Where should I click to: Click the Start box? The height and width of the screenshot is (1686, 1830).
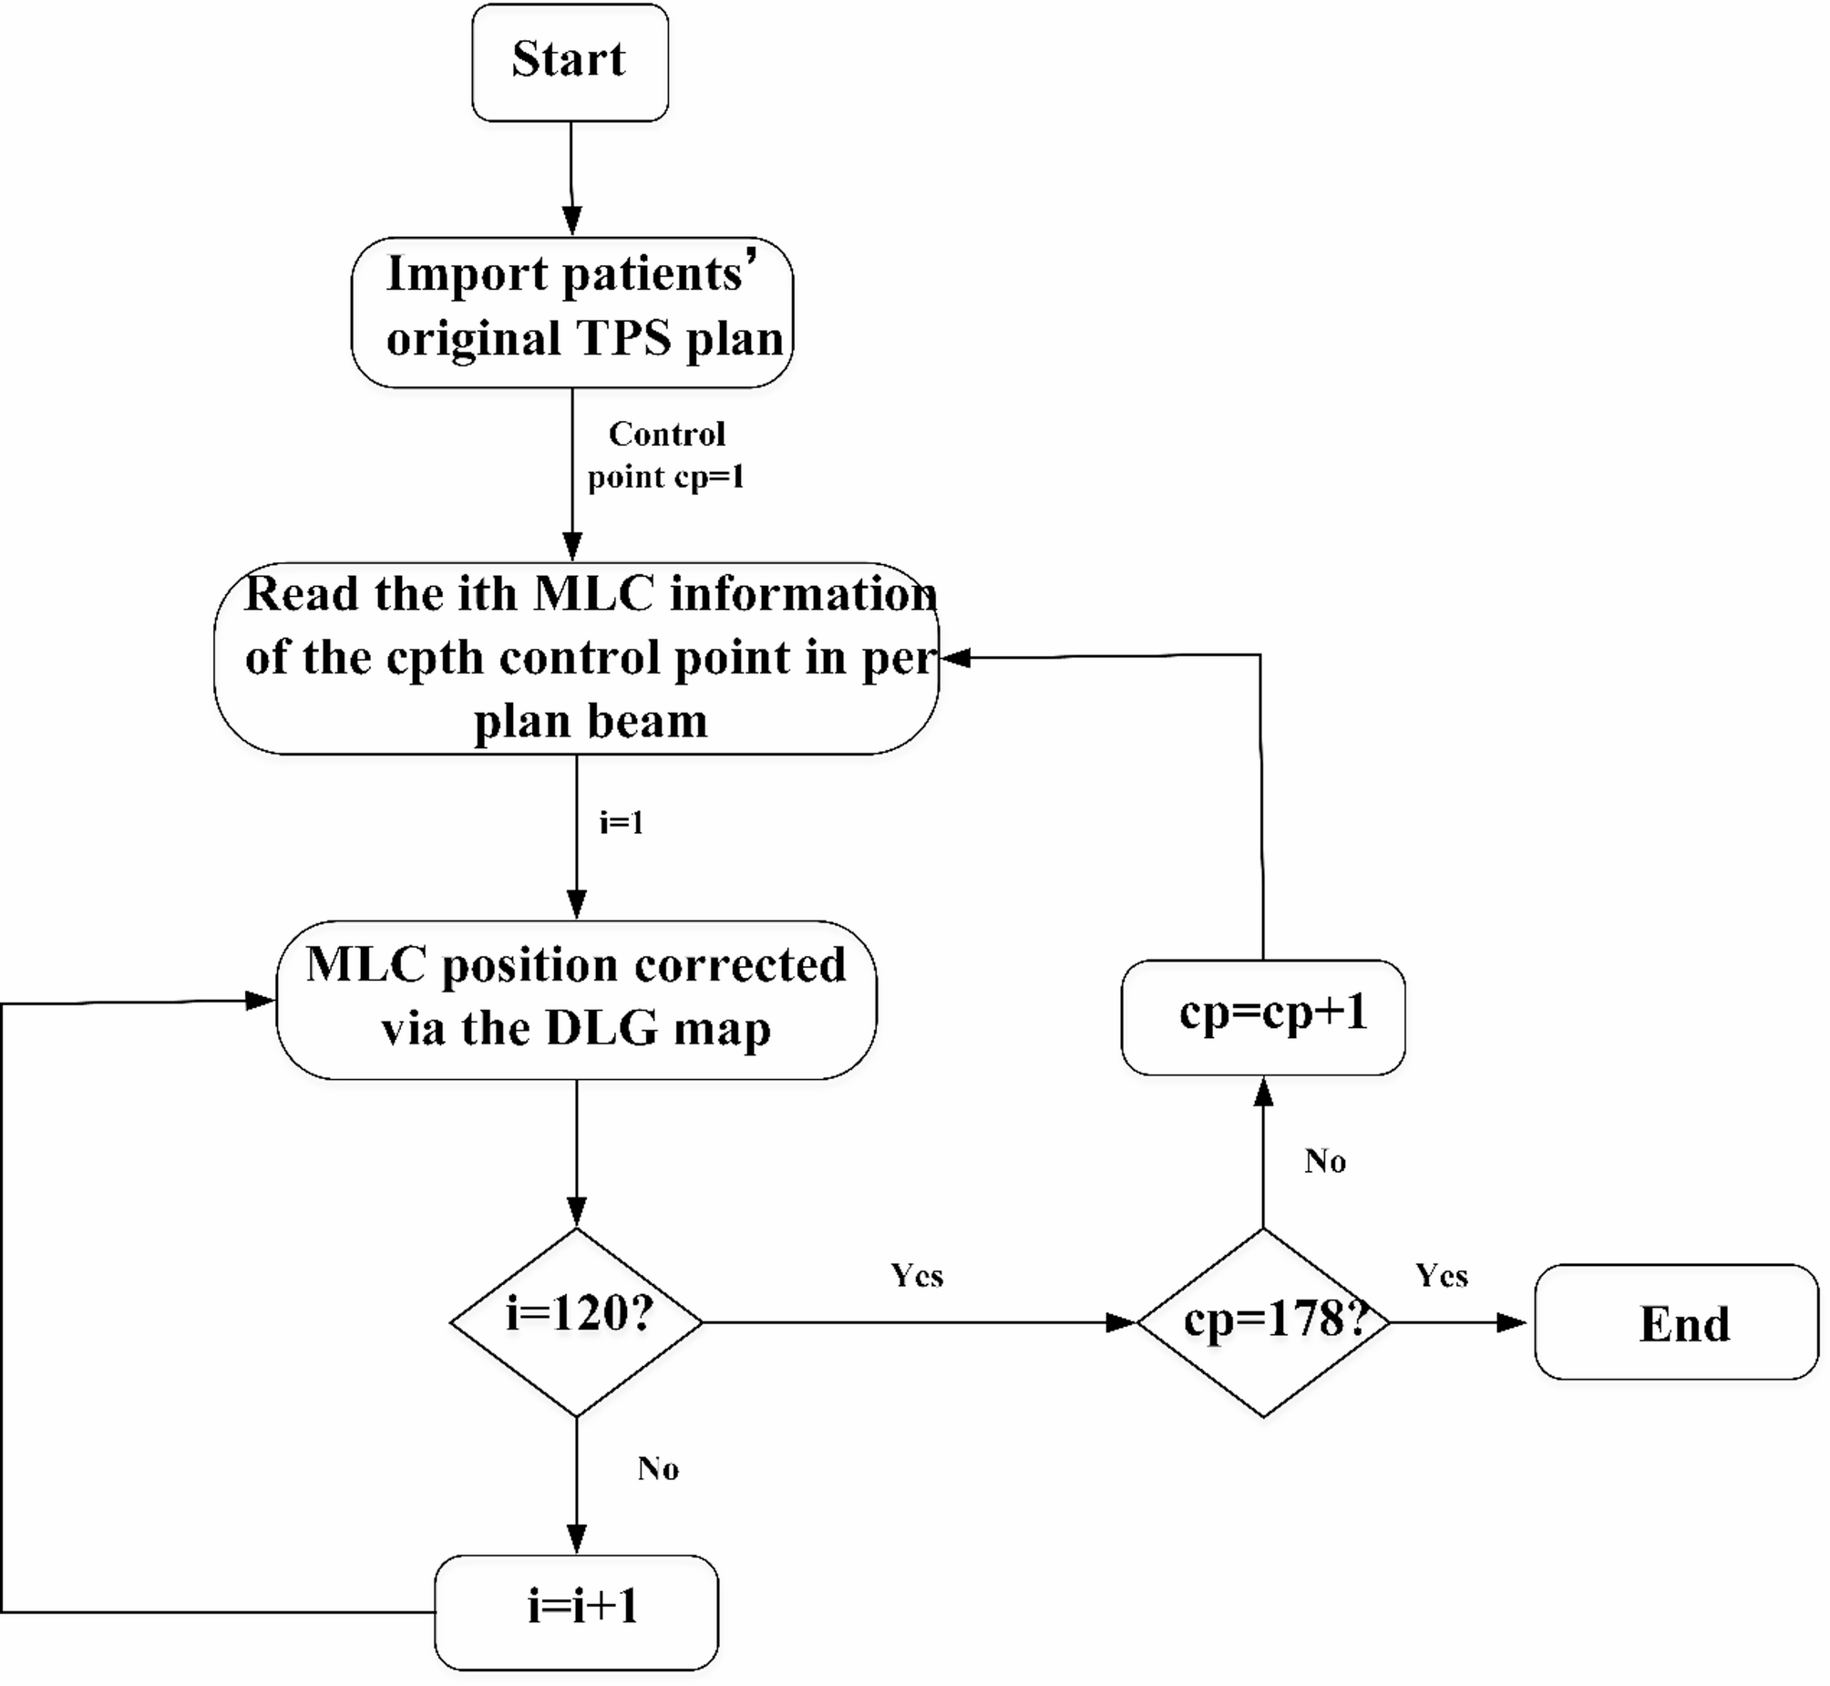tap(570, 62)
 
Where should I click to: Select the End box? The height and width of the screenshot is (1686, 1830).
tap(1676, 1323)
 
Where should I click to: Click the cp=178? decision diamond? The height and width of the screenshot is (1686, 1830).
tap(1263, 1322)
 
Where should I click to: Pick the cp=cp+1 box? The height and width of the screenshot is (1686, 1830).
tap(1263, 1016)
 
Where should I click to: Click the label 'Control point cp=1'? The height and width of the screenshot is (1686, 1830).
tap(666, 456)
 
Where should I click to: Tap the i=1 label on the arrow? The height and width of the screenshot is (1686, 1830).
tap(622, 823)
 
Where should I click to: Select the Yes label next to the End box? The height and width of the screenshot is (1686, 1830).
tap(1442, 1276)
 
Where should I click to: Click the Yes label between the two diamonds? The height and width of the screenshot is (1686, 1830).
tap(917, 1276)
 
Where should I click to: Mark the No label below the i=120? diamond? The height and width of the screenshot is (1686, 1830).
tap(658, 1469)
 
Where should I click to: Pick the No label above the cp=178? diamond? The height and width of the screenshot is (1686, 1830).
tap(1324, 1161)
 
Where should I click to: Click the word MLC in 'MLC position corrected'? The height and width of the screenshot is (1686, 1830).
tap(365, 965)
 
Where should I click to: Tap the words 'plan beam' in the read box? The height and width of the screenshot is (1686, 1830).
tap(591, 722)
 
